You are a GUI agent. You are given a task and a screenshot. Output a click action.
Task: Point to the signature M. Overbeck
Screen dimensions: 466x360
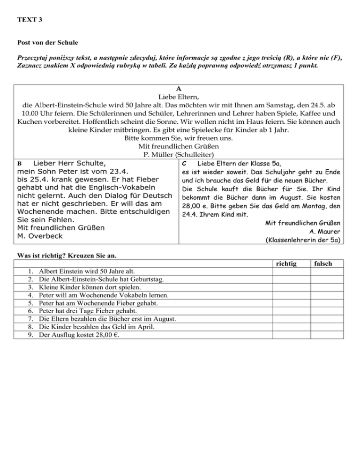tap(40, 236)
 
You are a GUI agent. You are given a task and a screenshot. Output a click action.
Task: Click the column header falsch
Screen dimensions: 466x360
tap(323, 264)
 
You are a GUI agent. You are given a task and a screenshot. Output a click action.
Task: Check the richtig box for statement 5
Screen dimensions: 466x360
tap(290, 303)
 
